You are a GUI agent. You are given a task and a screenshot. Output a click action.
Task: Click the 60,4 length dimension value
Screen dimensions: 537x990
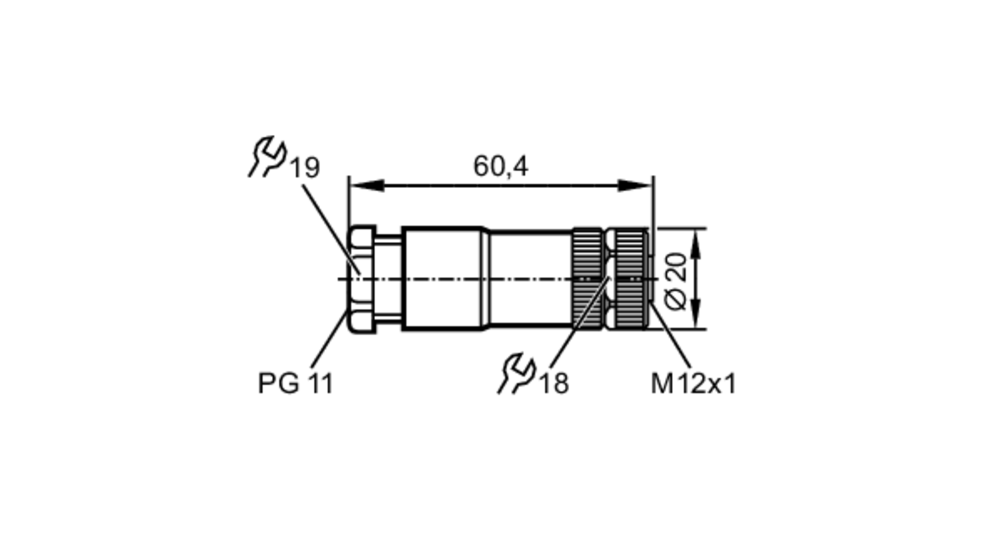500,166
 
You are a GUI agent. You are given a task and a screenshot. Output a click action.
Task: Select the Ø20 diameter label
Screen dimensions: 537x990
676,281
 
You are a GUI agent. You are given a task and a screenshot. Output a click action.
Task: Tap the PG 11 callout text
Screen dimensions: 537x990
296,383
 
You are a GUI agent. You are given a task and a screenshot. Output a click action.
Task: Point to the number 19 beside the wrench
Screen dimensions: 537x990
305,168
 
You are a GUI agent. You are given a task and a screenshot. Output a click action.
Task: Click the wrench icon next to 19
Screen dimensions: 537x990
268,156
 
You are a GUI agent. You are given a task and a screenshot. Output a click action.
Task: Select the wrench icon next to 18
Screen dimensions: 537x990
516,373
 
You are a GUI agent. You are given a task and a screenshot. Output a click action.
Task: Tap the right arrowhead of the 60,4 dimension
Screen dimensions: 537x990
637,186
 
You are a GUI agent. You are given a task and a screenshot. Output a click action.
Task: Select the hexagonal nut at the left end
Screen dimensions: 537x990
362,279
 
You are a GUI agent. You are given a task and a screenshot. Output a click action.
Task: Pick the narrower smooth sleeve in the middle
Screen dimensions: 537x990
530,279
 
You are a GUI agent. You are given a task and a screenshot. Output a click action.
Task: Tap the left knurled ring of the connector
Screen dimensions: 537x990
588,279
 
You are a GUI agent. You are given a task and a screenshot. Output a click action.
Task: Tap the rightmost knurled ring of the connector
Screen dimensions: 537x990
629,279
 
